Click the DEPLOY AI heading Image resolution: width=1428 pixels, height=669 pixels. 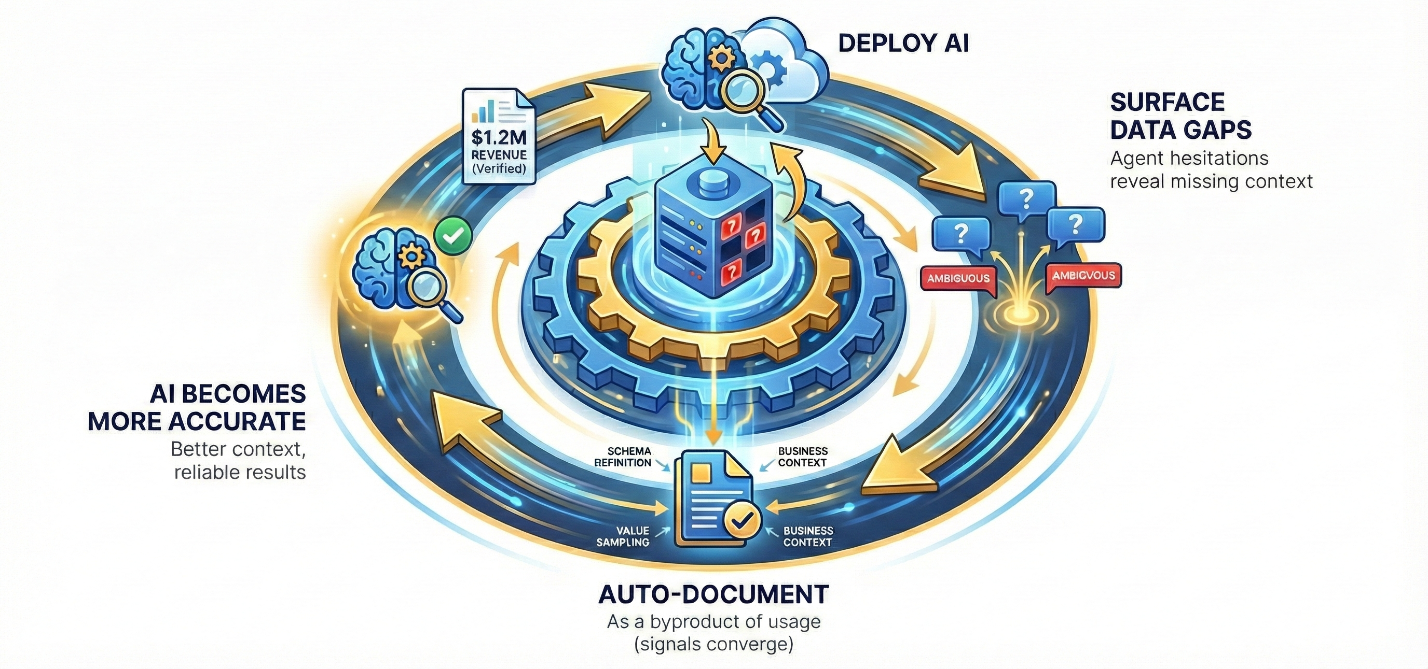pyautogui.click(x=903, y=44)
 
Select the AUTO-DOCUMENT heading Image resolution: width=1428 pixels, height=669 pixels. pyautogui.click(x=713, y=594)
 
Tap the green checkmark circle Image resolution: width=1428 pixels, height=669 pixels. pyautogui.click(x=454, y=235)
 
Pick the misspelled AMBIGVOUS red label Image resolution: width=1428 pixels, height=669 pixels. pyautogui.click(x=1083, y=276)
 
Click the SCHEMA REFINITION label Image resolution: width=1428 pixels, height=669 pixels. pyautogui.click(x=622, y=458)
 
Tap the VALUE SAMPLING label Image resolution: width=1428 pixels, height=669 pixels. pyautogui.click(x=623, y=536)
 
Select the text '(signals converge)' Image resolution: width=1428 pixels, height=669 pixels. pyautogui.click(x=713, y=645)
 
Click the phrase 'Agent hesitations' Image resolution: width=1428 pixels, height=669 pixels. pyautogui.click(x=1189, y=159)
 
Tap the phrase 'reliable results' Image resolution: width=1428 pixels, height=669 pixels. pyautogui.click(x=240, y=472)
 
